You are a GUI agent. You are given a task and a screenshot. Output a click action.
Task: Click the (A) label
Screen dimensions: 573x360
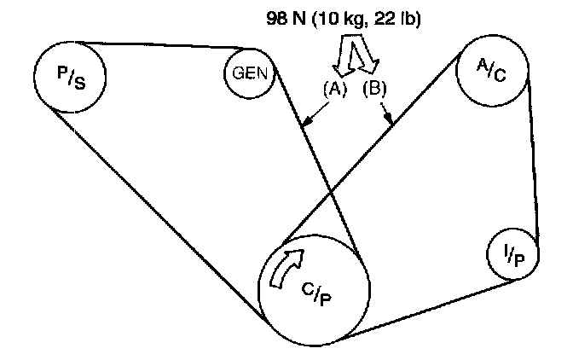pos(334,88)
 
